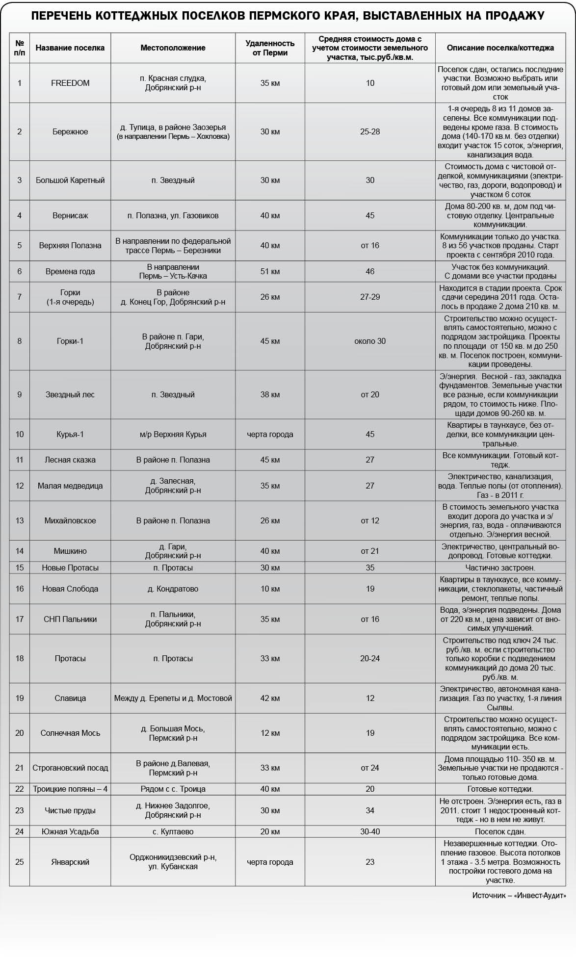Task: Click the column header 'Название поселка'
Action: coord(70,48)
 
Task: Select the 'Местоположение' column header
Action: coord(173,48)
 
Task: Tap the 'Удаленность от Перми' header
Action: coord(270,48)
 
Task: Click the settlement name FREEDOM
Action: coord(70,83)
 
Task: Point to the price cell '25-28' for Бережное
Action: coord(370,131)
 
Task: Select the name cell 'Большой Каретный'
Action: coord(70,180)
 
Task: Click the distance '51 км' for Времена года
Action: coord(270,271)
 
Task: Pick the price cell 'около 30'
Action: coord(370,341)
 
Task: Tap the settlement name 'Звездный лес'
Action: coord(70,394)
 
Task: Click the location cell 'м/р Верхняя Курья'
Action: coord(173,434)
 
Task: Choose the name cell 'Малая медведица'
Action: coord(70,486)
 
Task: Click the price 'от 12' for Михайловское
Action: coord(370,520)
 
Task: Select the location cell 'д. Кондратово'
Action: coord(173,589)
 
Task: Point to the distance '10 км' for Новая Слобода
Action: coord(270,589)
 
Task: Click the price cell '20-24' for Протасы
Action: coord(370,658)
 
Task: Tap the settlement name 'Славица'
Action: coord(70,698)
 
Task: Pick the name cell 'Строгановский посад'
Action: coord(70,768)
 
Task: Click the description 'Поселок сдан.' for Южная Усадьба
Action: coord(500,831)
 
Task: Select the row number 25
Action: coord(20,862)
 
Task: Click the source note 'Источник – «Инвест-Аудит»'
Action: coord(519,895)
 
